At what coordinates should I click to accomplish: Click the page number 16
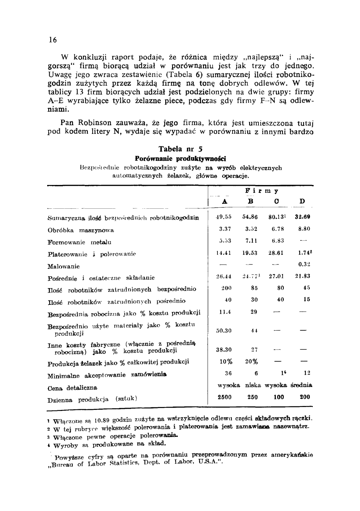(x=53, y=40)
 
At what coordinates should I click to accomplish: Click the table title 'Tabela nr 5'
(x=180, y=149)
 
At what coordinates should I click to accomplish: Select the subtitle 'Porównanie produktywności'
(x=180, y=159)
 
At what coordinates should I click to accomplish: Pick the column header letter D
(x=302, y=202)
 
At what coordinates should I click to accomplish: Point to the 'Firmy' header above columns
(x=262, y=191)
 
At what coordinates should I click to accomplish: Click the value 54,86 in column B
(x=250, y=217)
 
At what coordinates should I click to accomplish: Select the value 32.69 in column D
(x=302, y=217)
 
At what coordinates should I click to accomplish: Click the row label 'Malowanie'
(x=64, y=267)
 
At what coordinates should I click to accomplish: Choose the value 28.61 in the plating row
(x=276, y=253)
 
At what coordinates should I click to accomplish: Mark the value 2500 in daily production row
(x=225, y=397)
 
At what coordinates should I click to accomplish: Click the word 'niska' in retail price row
(x=253, y=385)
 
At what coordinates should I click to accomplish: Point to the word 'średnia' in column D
(x=301, y=385)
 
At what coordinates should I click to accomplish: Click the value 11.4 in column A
(x=225, y=312)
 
